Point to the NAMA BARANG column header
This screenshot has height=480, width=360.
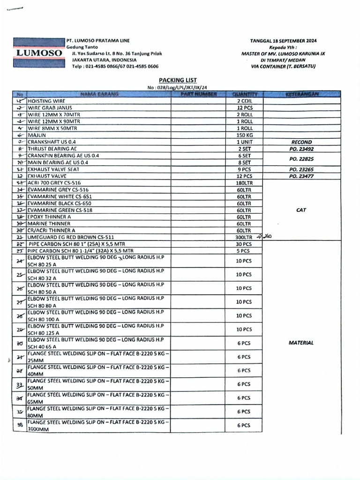pyautogui.click(x=99, y=94)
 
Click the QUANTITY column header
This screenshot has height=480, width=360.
pyautogui.click(x=244, y=94)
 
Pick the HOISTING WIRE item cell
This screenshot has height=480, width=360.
pyautogui.click(x=47, y=101)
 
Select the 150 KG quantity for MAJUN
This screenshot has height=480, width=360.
pyautogui.click(x=244, y=135)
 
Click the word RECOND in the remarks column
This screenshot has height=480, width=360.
pyautogui.click(x=301, y=142)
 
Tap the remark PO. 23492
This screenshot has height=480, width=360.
pyautogui.click(x=301, y=149)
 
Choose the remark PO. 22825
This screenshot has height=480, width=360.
pyautogui.click(x=301, y=159)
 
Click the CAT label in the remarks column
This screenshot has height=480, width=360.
pyautogui.click(x=301, y=210)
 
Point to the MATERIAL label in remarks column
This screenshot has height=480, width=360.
pyautogui.click(x=301, y=343)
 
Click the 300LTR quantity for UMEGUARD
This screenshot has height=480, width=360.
pyautogui.click(x=244, y=237)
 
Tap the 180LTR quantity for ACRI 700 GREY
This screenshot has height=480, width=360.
pyautogui.click(x=244, y=183)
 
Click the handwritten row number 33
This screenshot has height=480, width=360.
pyautogui.click(x=20, y=385)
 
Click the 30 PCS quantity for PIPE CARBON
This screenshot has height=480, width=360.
pyautogui.click(x=244, y=244)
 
